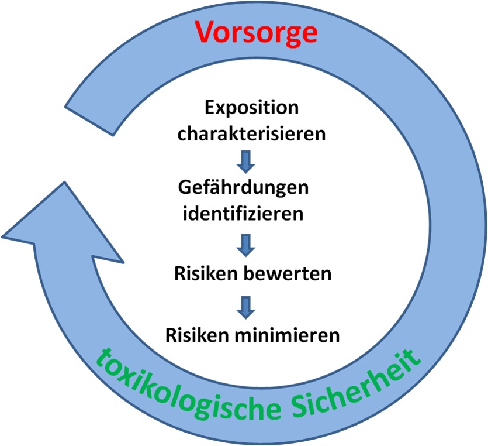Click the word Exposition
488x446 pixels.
coord(251,108)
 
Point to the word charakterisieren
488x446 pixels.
coord(251,133)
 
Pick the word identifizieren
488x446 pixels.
coord(244,213)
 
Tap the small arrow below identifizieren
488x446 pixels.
coord(245,244)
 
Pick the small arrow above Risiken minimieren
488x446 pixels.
coord(245,305)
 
